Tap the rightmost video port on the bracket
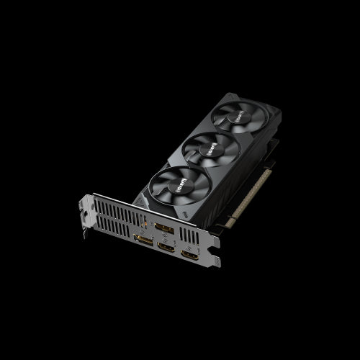click(190, 256)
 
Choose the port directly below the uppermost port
click(166, 247)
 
